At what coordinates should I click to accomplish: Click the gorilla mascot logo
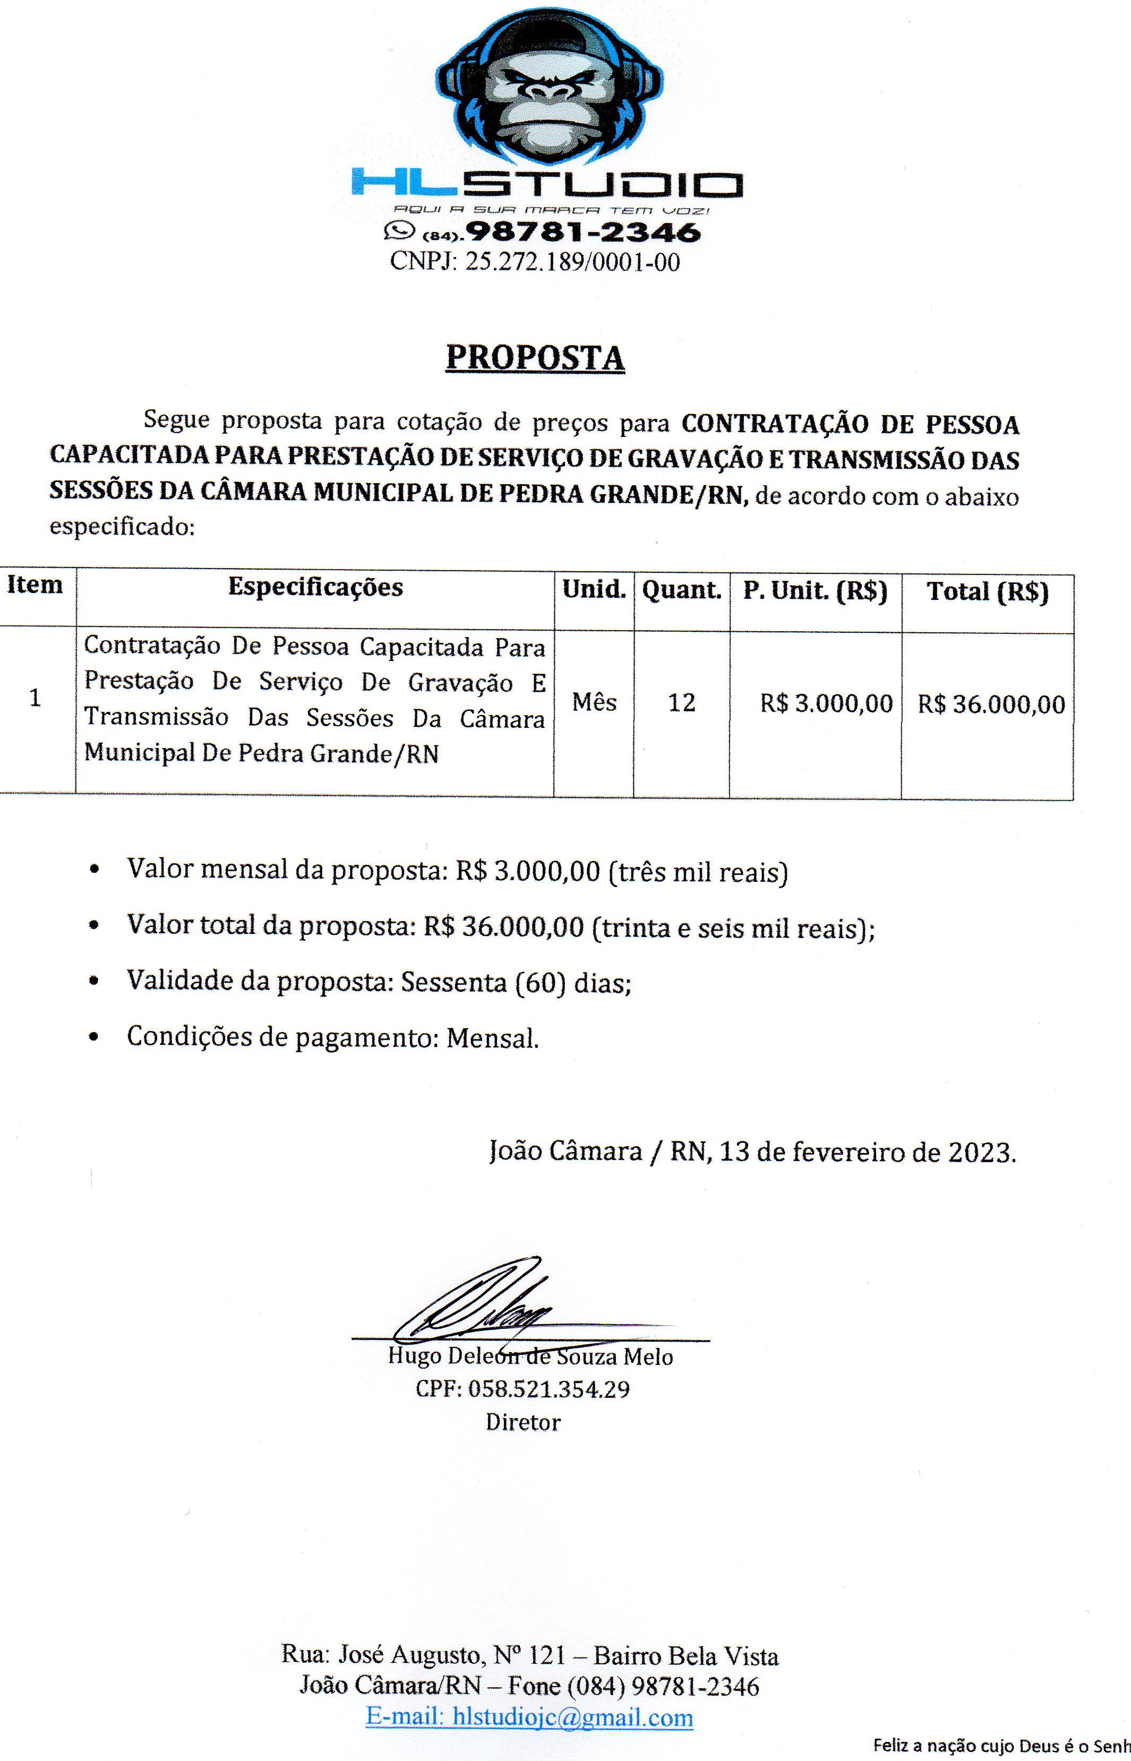(550, 88)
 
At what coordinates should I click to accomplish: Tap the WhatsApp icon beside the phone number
(399, 232)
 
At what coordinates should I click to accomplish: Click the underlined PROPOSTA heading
(535, 358)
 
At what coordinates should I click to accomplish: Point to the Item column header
(35, 585)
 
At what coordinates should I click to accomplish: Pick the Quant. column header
(682, 590)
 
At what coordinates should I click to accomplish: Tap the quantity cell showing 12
(682, 703)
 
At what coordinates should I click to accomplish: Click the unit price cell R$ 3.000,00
(826, 703)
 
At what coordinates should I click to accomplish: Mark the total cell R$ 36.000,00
(991, 705)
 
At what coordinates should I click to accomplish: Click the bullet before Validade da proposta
(93, 981)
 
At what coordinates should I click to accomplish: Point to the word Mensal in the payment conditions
(492, 1038)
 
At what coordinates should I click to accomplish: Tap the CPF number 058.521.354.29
(548, 1389)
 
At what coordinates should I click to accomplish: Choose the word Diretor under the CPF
(523, 1422)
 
